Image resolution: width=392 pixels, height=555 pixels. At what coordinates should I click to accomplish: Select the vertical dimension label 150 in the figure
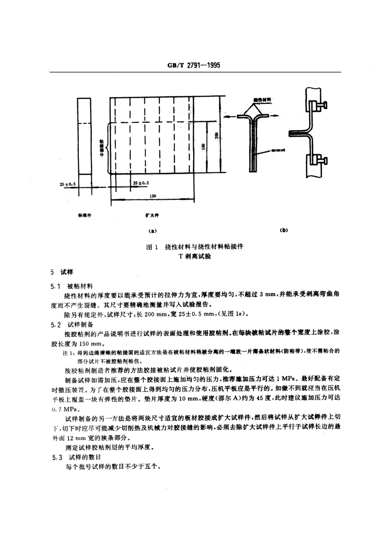pos(203,147)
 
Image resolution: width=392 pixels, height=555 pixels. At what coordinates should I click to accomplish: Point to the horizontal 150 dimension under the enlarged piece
pos(153,196)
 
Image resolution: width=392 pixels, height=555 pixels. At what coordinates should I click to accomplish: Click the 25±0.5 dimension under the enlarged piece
pos(141,182)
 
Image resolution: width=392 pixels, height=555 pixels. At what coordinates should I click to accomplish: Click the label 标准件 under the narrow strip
pos(84,215)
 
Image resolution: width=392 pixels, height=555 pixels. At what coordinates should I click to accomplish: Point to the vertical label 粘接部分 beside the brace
pos(102,148)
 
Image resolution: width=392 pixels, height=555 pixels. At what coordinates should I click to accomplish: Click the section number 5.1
pos(56,286)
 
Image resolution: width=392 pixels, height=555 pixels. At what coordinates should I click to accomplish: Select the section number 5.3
pos(56,457)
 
